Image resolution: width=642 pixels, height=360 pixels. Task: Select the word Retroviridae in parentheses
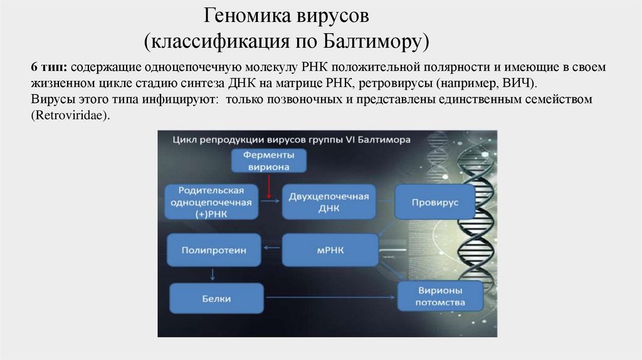tap(66, 116)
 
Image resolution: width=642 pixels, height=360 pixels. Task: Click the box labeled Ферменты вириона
tap(268, 160)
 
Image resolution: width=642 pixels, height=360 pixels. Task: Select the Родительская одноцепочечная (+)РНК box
tap(211, 202)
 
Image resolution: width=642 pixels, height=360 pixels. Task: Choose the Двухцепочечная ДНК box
tap(328, 202)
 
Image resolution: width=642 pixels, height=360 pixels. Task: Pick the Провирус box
tap(434, 203)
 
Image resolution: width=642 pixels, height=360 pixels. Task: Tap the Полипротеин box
tap(213, 250)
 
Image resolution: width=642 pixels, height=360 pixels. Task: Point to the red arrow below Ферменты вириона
tap(268, 186)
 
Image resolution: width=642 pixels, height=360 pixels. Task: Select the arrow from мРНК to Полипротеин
tap(271, 250)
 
